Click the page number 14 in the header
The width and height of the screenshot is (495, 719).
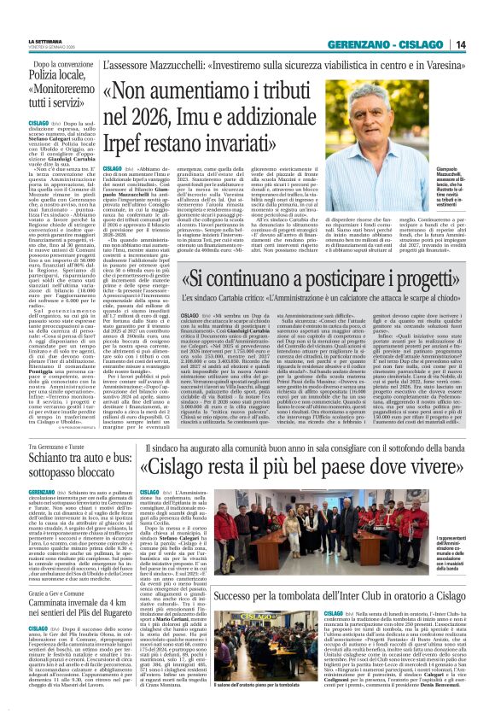click(482, 44)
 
